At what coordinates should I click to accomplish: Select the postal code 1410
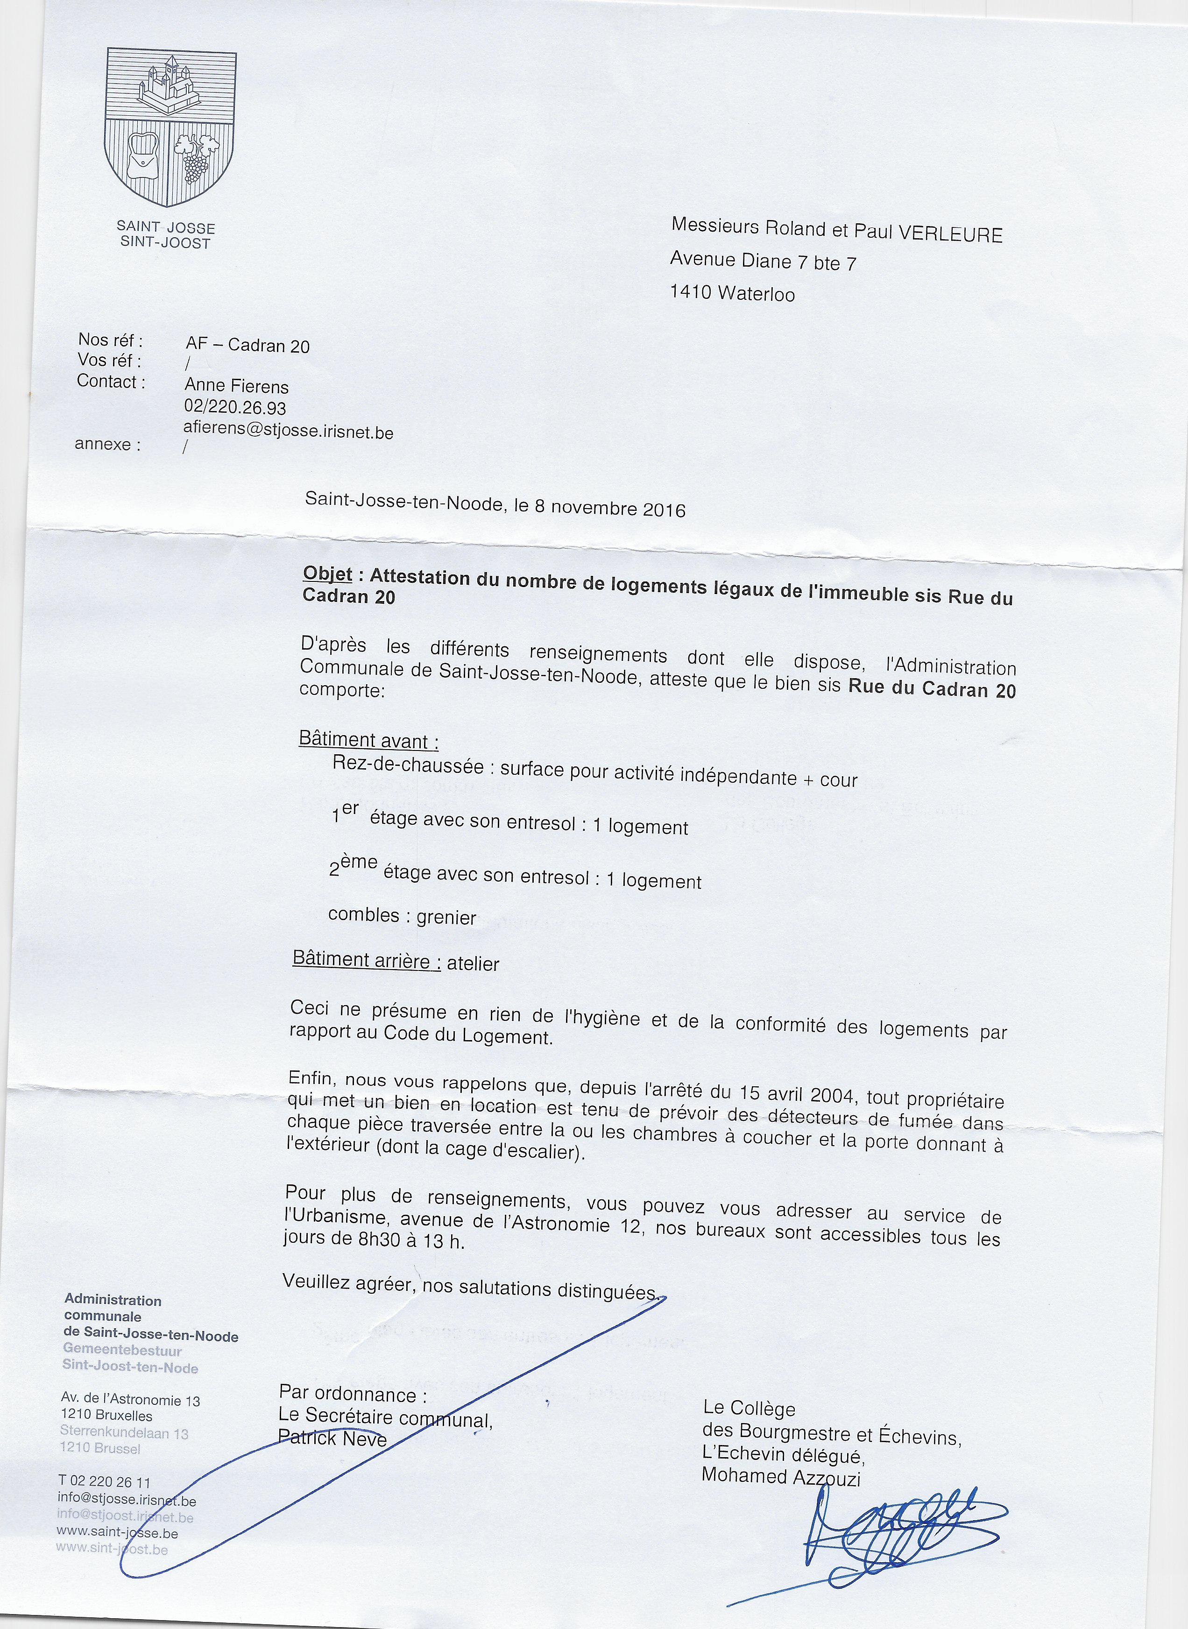(690, 292)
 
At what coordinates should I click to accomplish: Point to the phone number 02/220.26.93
(235, 408)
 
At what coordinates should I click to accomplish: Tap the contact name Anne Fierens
(237, 386)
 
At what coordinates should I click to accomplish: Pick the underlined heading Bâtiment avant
(368, 740)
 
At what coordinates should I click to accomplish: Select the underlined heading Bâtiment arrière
(366, 961)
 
